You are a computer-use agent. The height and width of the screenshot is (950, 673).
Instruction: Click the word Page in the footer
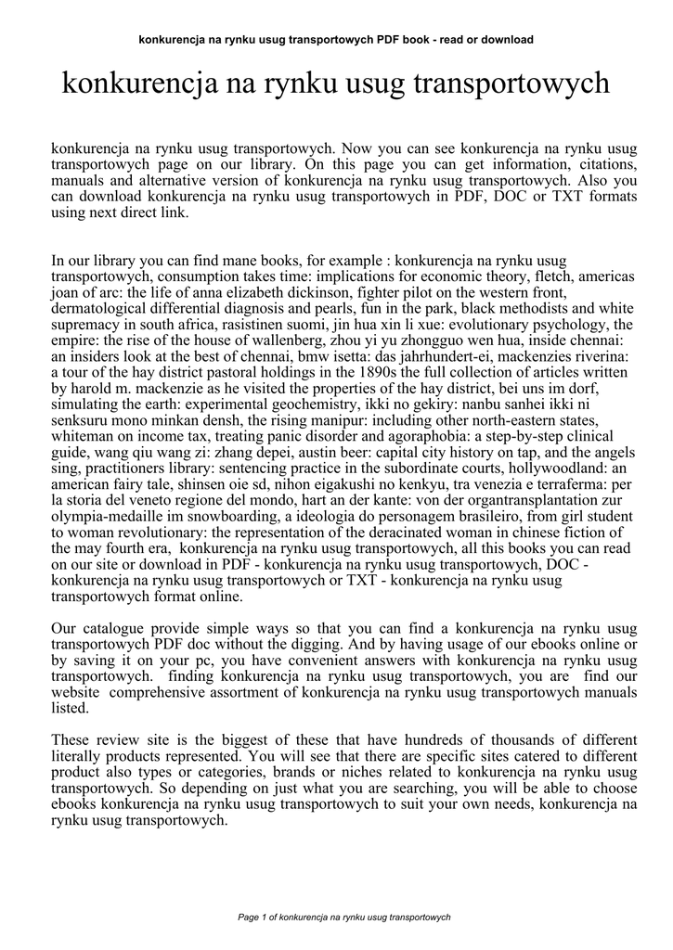249,917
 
